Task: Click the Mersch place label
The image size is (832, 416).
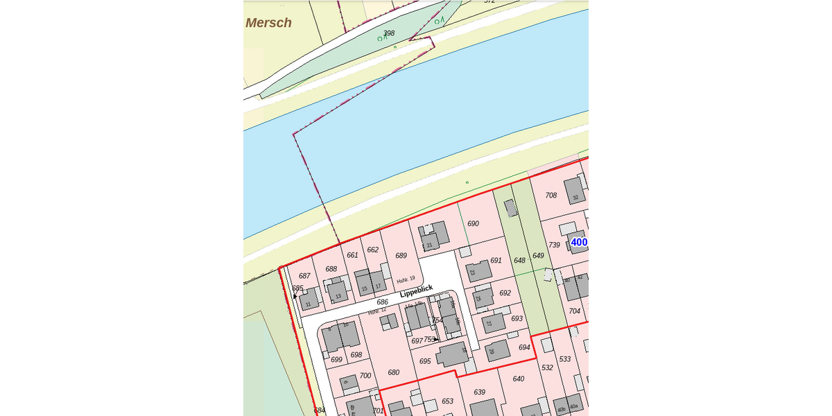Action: [x=268, y=23]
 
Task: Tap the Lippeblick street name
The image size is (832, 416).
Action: [x=416, y=291]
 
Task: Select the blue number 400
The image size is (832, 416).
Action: [x=579, y=242]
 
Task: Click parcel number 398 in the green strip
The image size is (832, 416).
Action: [x=389, y=33]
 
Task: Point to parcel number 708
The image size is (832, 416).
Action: [x=551, y=196]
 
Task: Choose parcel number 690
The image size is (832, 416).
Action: [x=474, y=224]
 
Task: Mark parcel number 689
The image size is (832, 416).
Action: [x=401, y=256]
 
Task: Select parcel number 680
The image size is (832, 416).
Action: [x=394, y=372]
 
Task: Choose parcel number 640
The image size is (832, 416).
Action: [x=518, y=379]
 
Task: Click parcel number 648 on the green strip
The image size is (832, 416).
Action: [x=519, y=261]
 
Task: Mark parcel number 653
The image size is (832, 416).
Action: [x=447, y=401]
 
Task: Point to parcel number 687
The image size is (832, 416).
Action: [x=304, y=276]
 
